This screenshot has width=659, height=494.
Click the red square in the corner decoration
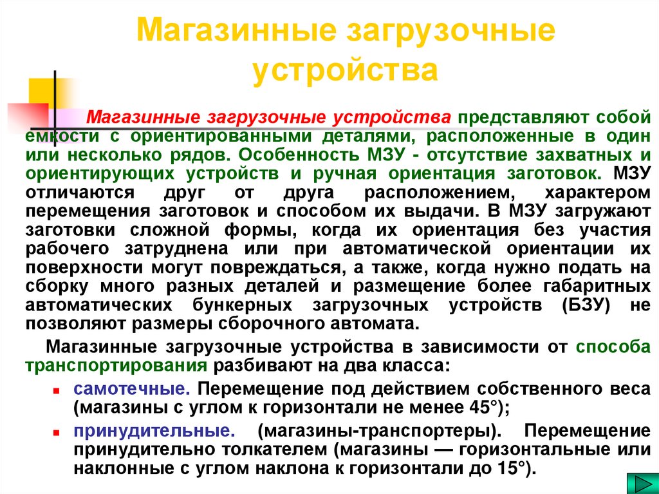pos(26,116)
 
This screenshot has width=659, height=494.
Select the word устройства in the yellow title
pos(345,70)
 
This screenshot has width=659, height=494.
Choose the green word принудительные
pos(153,430)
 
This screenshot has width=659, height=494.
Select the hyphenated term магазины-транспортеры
pos(376,430)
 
